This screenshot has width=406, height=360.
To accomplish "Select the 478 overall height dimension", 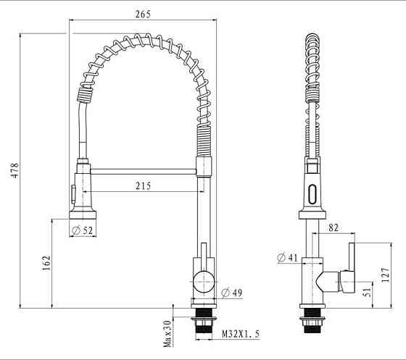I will (13, 170).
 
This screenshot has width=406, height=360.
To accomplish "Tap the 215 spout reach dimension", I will (142, 186).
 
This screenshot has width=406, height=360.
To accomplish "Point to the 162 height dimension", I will (46, 264).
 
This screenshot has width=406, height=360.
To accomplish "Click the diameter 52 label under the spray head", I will (84, 230).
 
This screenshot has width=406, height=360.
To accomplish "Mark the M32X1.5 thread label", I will (239, 334).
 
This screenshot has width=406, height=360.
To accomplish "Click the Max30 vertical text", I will (167, 333).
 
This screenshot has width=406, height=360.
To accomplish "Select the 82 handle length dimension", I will (333, 228).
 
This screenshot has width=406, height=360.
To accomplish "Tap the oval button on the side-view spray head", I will (312, 194).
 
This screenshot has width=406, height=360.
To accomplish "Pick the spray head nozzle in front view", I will (83, 214).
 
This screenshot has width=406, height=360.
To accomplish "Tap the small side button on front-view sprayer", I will (72, 193).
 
